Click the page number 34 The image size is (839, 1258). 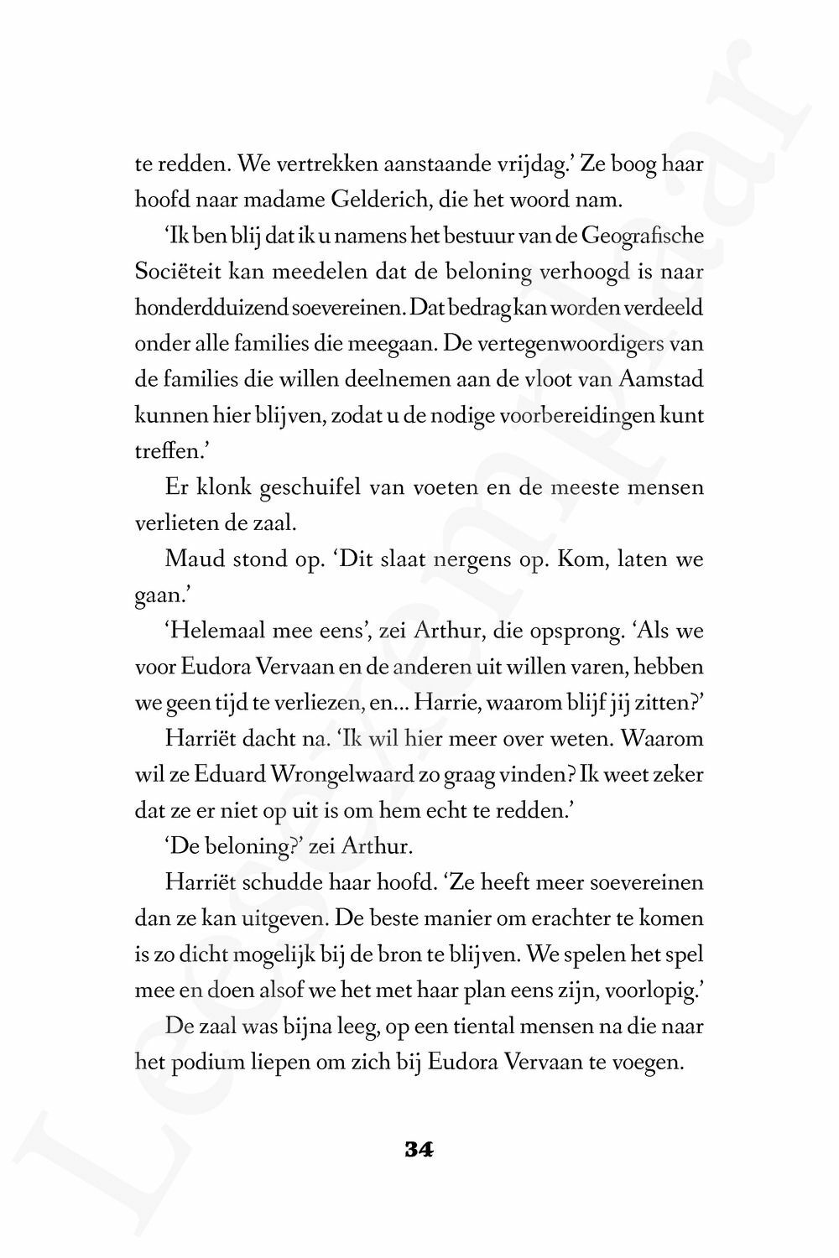click(419, 1149)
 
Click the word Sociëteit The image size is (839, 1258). click(177, 273)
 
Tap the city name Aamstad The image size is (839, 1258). click(661, 379)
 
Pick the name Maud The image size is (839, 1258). click(191, 559)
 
